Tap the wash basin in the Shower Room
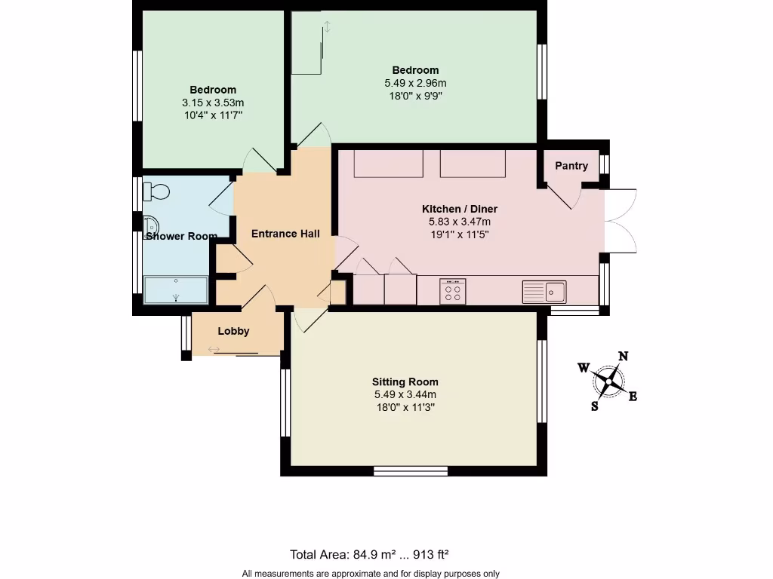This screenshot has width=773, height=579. click(x=151, y=225)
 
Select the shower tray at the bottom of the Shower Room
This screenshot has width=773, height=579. click(x=175, y=289)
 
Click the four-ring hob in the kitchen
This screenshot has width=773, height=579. click(x=453, y=291)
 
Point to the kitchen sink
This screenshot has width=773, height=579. click(x=544, y=290)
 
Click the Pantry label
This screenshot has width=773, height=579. click(x=571, y=166)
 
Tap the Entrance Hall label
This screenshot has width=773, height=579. click(x=285, y=234)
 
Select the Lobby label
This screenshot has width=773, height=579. click(x=233, y=331)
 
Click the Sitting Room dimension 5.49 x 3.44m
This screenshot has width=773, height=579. click(x=405, y=394)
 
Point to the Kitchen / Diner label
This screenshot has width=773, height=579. click(x=459, y=209)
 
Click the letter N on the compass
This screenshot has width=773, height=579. click(x=624, y=357)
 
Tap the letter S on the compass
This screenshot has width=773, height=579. click(x=595, y=406)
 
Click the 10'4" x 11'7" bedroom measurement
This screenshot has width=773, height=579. click(x=212, y=115)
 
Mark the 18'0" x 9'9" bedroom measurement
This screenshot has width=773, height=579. click(x=415, y=96)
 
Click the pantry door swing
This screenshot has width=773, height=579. click(x=566, y=196)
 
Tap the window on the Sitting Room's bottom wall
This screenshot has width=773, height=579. click(x=411, y=471)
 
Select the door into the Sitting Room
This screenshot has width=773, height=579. click(x=310, y=320)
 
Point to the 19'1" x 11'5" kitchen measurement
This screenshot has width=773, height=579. click(x=459, y=234)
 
